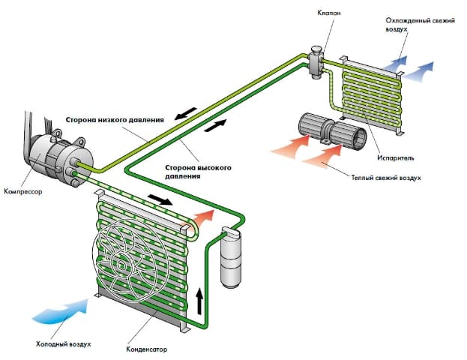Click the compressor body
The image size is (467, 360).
[x=53, y=154]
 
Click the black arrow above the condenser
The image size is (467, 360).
[x=157, y=200]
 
